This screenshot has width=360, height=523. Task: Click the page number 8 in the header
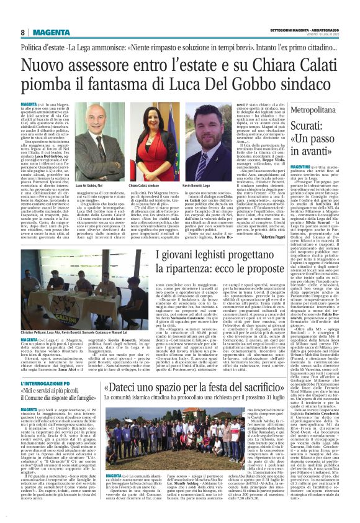[23, 32]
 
